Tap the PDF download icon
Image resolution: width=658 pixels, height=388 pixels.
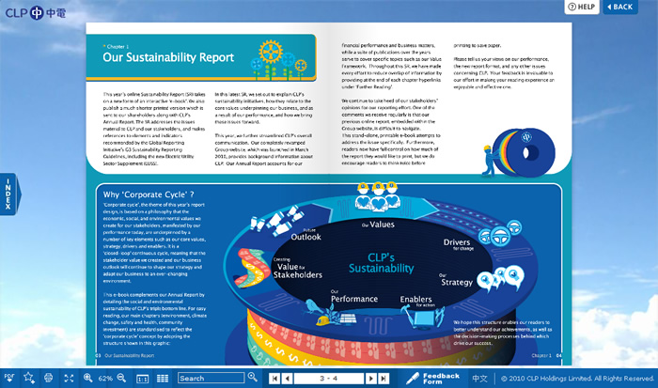tap(9, 378)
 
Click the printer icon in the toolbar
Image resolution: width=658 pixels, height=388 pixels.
tap(47, 378)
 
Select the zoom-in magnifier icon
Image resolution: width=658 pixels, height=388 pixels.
tap(87, 378)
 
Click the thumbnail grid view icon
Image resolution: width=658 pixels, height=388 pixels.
tap(163, 378)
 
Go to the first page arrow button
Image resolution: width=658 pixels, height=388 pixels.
tap(274, 378)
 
